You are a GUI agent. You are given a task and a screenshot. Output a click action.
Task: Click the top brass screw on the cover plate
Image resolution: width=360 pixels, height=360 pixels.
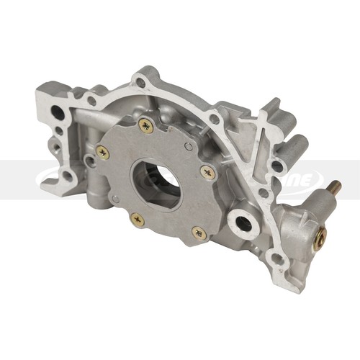146,126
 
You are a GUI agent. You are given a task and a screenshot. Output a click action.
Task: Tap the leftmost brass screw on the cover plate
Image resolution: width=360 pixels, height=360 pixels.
103,152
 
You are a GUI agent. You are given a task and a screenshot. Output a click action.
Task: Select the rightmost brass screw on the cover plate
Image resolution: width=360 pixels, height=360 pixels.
208,172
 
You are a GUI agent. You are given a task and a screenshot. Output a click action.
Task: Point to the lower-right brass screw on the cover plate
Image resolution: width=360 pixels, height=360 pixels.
199,233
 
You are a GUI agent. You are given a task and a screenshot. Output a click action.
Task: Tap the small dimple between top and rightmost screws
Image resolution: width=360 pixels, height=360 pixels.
187,146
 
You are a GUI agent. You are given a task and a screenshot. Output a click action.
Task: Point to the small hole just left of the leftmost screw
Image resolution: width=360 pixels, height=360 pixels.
89,160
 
